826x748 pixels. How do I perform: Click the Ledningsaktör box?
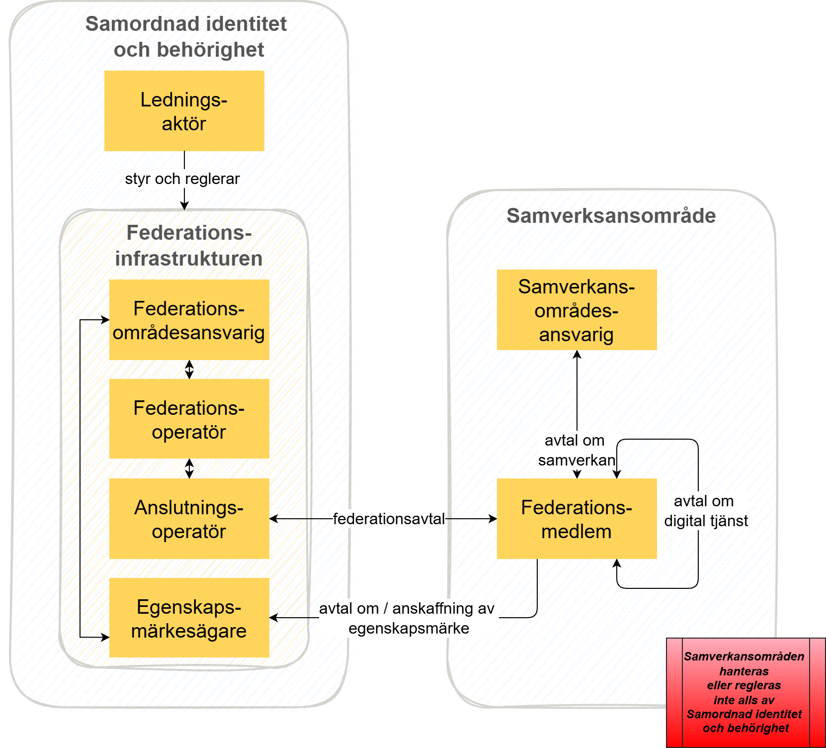[184, 111]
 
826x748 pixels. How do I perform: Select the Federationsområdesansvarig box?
[189, 320]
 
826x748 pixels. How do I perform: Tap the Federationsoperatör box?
[189, 419]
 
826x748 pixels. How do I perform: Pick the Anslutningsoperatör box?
[189, 519]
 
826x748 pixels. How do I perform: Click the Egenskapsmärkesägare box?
[189, 618]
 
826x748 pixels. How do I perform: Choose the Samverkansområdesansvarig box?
[577, 310]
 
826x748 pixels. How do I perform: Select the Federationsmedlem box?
[577, 519]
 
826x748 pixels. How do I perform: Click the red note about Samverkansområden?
[745, 692]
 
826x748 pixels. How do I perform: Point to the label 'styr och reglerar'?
[182, 179]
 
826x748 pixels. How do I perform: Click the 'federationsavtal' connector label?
[389, 519]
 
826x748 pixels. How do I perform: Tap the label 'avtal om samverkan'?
[576, 450]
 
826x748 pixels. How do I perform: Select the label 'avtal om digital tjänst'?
[706, 511]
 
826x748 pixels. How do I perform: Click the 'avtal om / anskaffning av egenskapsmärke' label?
[408, 618]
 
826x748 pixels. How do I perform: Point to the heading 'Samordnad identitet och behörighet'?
[187, 37]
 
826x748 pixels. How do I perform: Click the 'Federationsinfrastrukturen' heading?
[189, 246]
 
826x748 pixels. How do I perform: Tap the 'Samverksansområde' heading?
[611, 216]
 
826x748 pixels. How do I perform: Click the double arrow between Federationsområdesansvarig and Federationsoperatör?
[189, 370]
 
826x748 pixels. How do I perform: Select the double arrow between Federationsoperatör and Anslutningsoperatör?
[189, 468]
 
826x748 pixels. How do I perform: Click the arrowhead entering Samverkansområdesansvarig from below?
[577, 354]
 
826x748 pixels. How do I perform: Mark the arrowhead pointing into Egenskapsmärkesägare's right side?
[273, 618]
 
